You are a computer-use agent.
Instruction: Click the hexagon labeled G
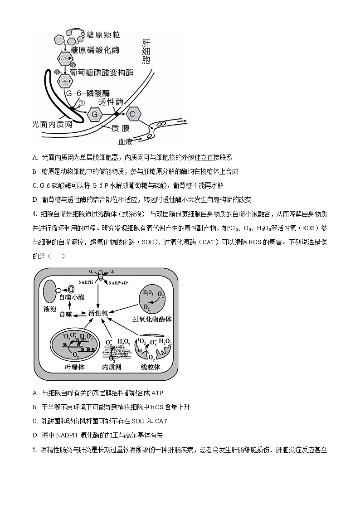click(x=95, y=115)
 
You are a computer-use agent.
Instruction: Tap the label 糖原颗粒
click(x=105, y=35)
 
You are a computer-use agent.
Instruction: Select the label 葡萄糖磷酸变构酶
click(x=102, y=72)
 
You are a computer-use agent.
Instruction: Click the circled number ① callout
click(x=82, y=103)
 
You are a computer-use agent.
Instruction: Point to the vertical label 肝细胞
click(x=146, y=51)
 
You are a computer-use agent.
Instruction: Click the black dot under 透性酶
click(x=117, y=113)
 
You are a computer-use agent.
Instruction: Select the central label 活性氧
click(x=97, y=313)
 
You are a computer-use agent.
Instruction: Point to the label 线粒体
click(x=151, y=367)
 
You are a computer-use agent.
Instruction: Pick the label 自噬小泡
click(x=72, y=297)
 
